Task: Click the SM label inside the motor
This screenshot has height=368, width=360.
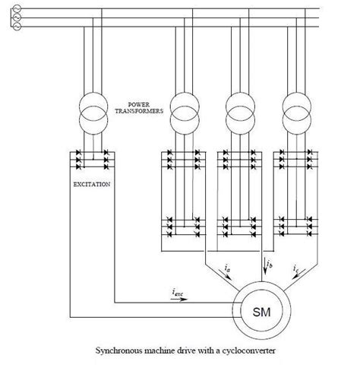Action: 259,312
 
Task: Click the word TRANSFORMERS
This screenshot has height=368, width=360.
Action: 139,110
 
